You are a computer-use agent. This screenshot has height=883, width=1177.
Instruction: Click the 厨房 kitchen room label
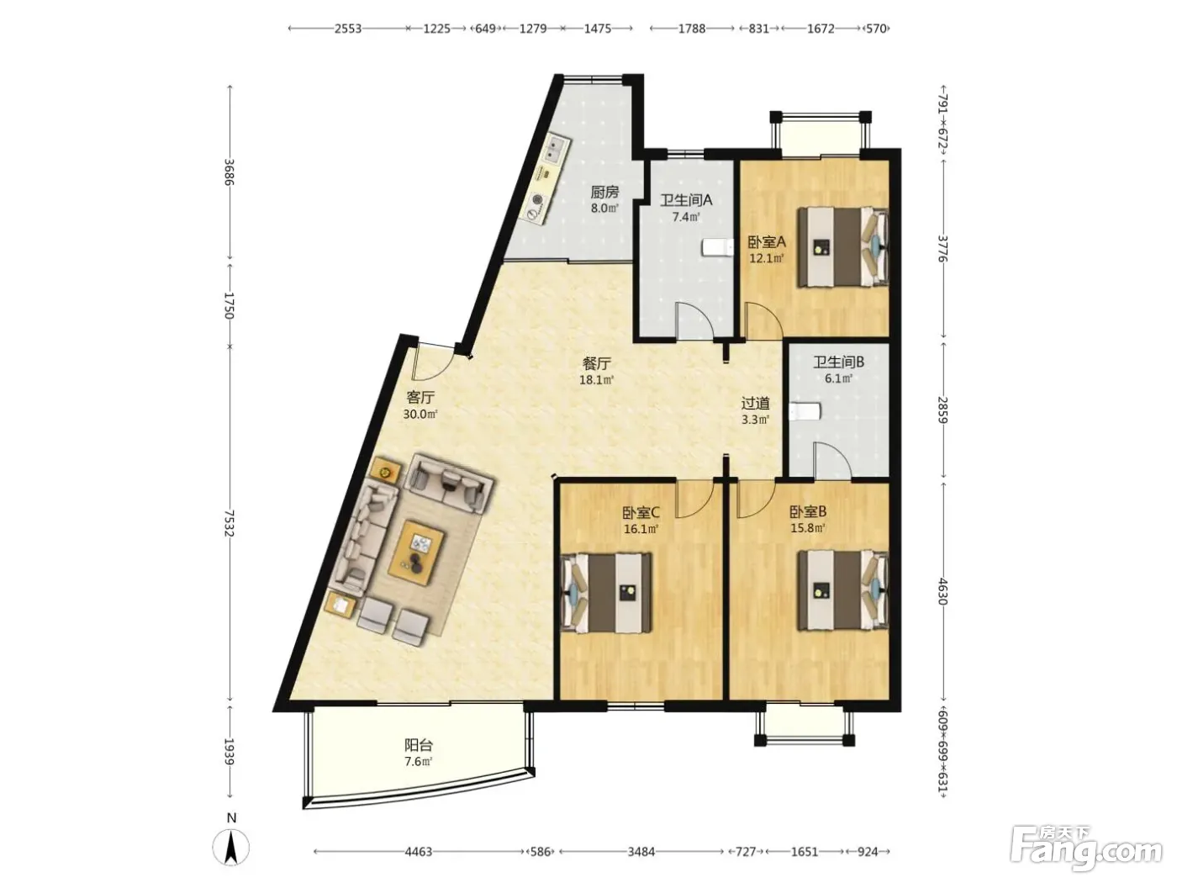tap(604, 192)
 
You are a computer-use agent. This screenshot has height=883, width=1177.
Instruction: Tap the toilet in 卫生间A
tap(717, 248)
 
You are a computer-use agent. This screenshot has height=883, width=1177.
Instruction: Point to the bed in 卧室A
tap(842, 246)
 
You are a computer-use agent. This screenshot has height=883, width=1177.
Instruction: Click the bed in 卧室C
tap(606, 592)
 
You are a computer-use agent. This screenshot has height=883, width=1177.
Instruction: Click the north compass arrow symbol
tap(231, 849)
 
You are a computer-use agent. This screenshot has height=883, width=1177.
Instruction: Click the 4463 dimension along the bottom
tap(419, 851)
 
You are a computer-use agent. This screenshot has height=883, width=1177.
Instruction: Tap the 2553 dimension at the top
tap(348, 29)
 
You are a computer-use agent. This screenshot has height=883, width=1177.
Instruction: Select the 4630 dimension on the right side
tap(943, 591)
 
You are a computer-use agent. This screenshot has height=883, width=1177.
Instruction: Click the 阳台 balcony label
tap(419, 745)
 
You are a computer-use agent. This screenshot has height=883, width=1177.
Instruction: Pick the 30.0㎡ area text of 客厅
tap(420, 414)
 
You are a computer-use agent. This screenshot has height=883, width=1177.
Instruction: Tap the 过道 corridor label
tap(756, 403)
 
